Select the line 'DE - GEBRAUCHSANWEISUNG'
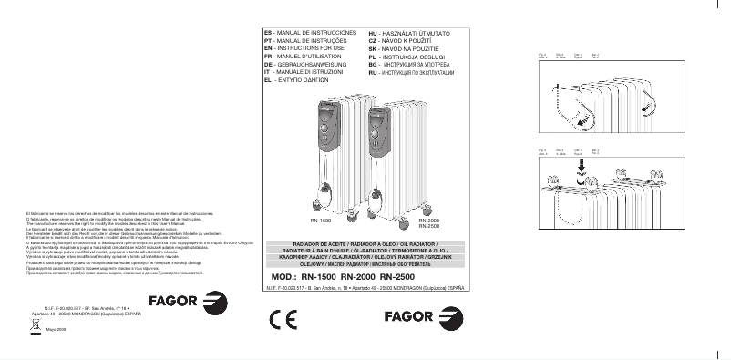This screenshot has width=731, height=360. [x=306, y=65]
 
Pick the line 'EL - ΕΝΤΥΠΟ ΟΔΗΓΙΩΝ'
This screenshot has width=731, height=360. [x=299, y=80]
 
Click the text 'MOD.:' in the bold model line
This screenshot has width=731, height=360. [x=284, y=276]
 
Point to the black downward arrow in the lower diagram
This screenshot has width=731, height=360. [x=580, y=168]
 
